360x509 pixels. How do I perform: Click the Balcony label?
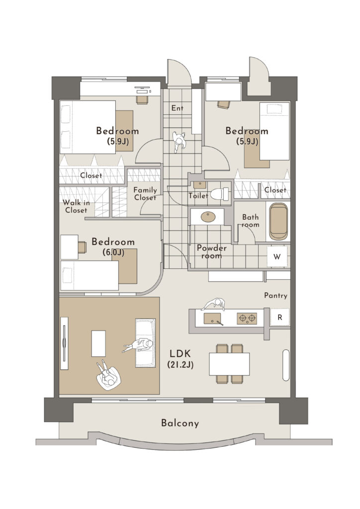(x=180, y=423)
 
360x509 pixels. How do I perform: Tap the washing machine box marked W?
(x=277, y=256)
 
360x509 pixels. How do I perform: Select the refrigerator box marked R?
(x=280, y=318)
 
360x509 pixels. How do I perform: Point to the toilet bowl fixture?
(x=219, y=194)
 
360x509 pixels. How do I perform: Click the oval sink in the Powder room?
(x=208, y=217)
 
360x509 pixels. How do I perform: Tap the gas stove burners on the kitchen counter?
(x=247, y=318)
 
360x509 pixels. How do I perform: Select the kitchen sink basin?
(x=213, y=319)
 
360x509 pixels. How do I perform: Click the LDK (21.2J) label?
(x=180, y=359)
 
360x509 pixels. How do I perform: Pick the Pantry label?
(x=275, y=295)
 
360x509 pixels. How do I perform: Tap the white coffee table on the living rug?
(x=98, y=343)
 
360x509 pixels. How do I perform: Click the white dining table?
(x=229, y=364)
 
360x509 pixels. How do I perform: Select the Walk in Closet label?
(x=76, y=206)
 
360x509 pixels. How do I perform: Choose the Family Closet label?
(x=145, y=194)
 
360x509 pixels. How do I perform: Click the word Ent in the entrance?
(x=177, y=108)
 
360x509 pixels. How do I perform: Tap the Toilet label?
(x=198, y=195)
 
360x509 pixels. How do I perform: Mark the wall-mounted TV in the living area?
(x=64, y=343)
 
